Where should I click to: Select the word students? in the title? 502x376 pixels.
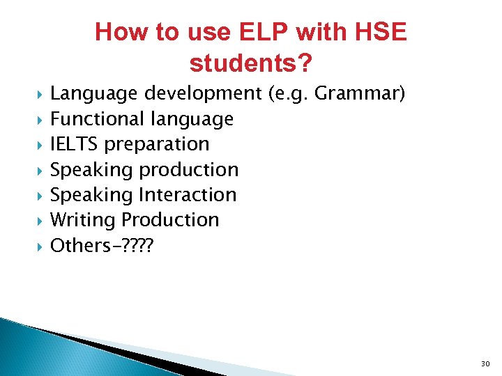251,64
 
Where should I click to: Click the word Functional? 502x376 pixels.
97,119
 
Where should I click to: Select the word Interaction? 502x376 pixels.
188,194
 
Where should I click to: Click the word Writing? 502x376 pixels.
83,220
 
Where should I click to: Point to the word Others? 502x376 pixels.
80,245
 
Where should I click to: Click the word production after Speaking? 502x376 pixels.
190,170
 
